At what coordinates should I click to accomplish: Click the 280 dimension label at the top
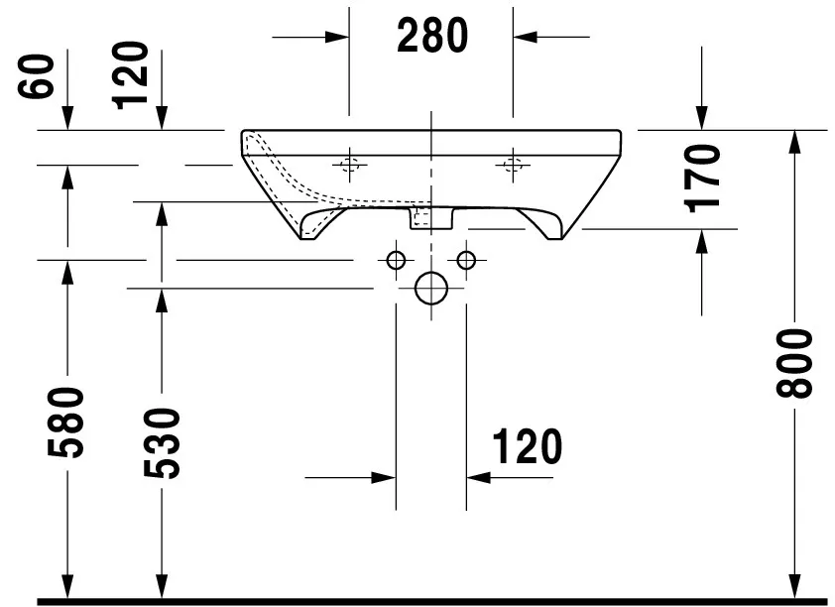pos(431,37)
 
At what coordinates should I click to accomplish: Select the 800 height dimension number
pos(796,363)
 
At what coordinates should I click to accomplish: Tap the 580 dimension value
pos(67,423)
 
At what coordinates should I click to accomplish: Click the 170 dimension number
pos(702,179)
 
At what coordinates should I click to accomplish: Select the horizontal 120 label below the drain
pos(526,447)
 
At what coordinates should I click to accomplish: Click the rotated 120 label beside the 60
pos(132,75)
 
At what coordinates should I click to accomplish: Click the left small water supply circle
pos(396,260)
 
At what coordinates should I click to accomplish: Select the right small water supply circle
pos(466,260)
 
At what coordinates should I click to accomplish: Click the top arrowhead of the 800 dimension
pos(795,142)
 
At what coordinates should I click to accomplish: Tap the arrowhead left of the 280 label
pos(337,37)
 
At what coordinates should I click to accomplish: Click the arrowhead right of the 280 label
pos(525,37)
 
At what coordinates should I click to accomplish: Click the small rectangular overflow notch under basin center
pos(422,218)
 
